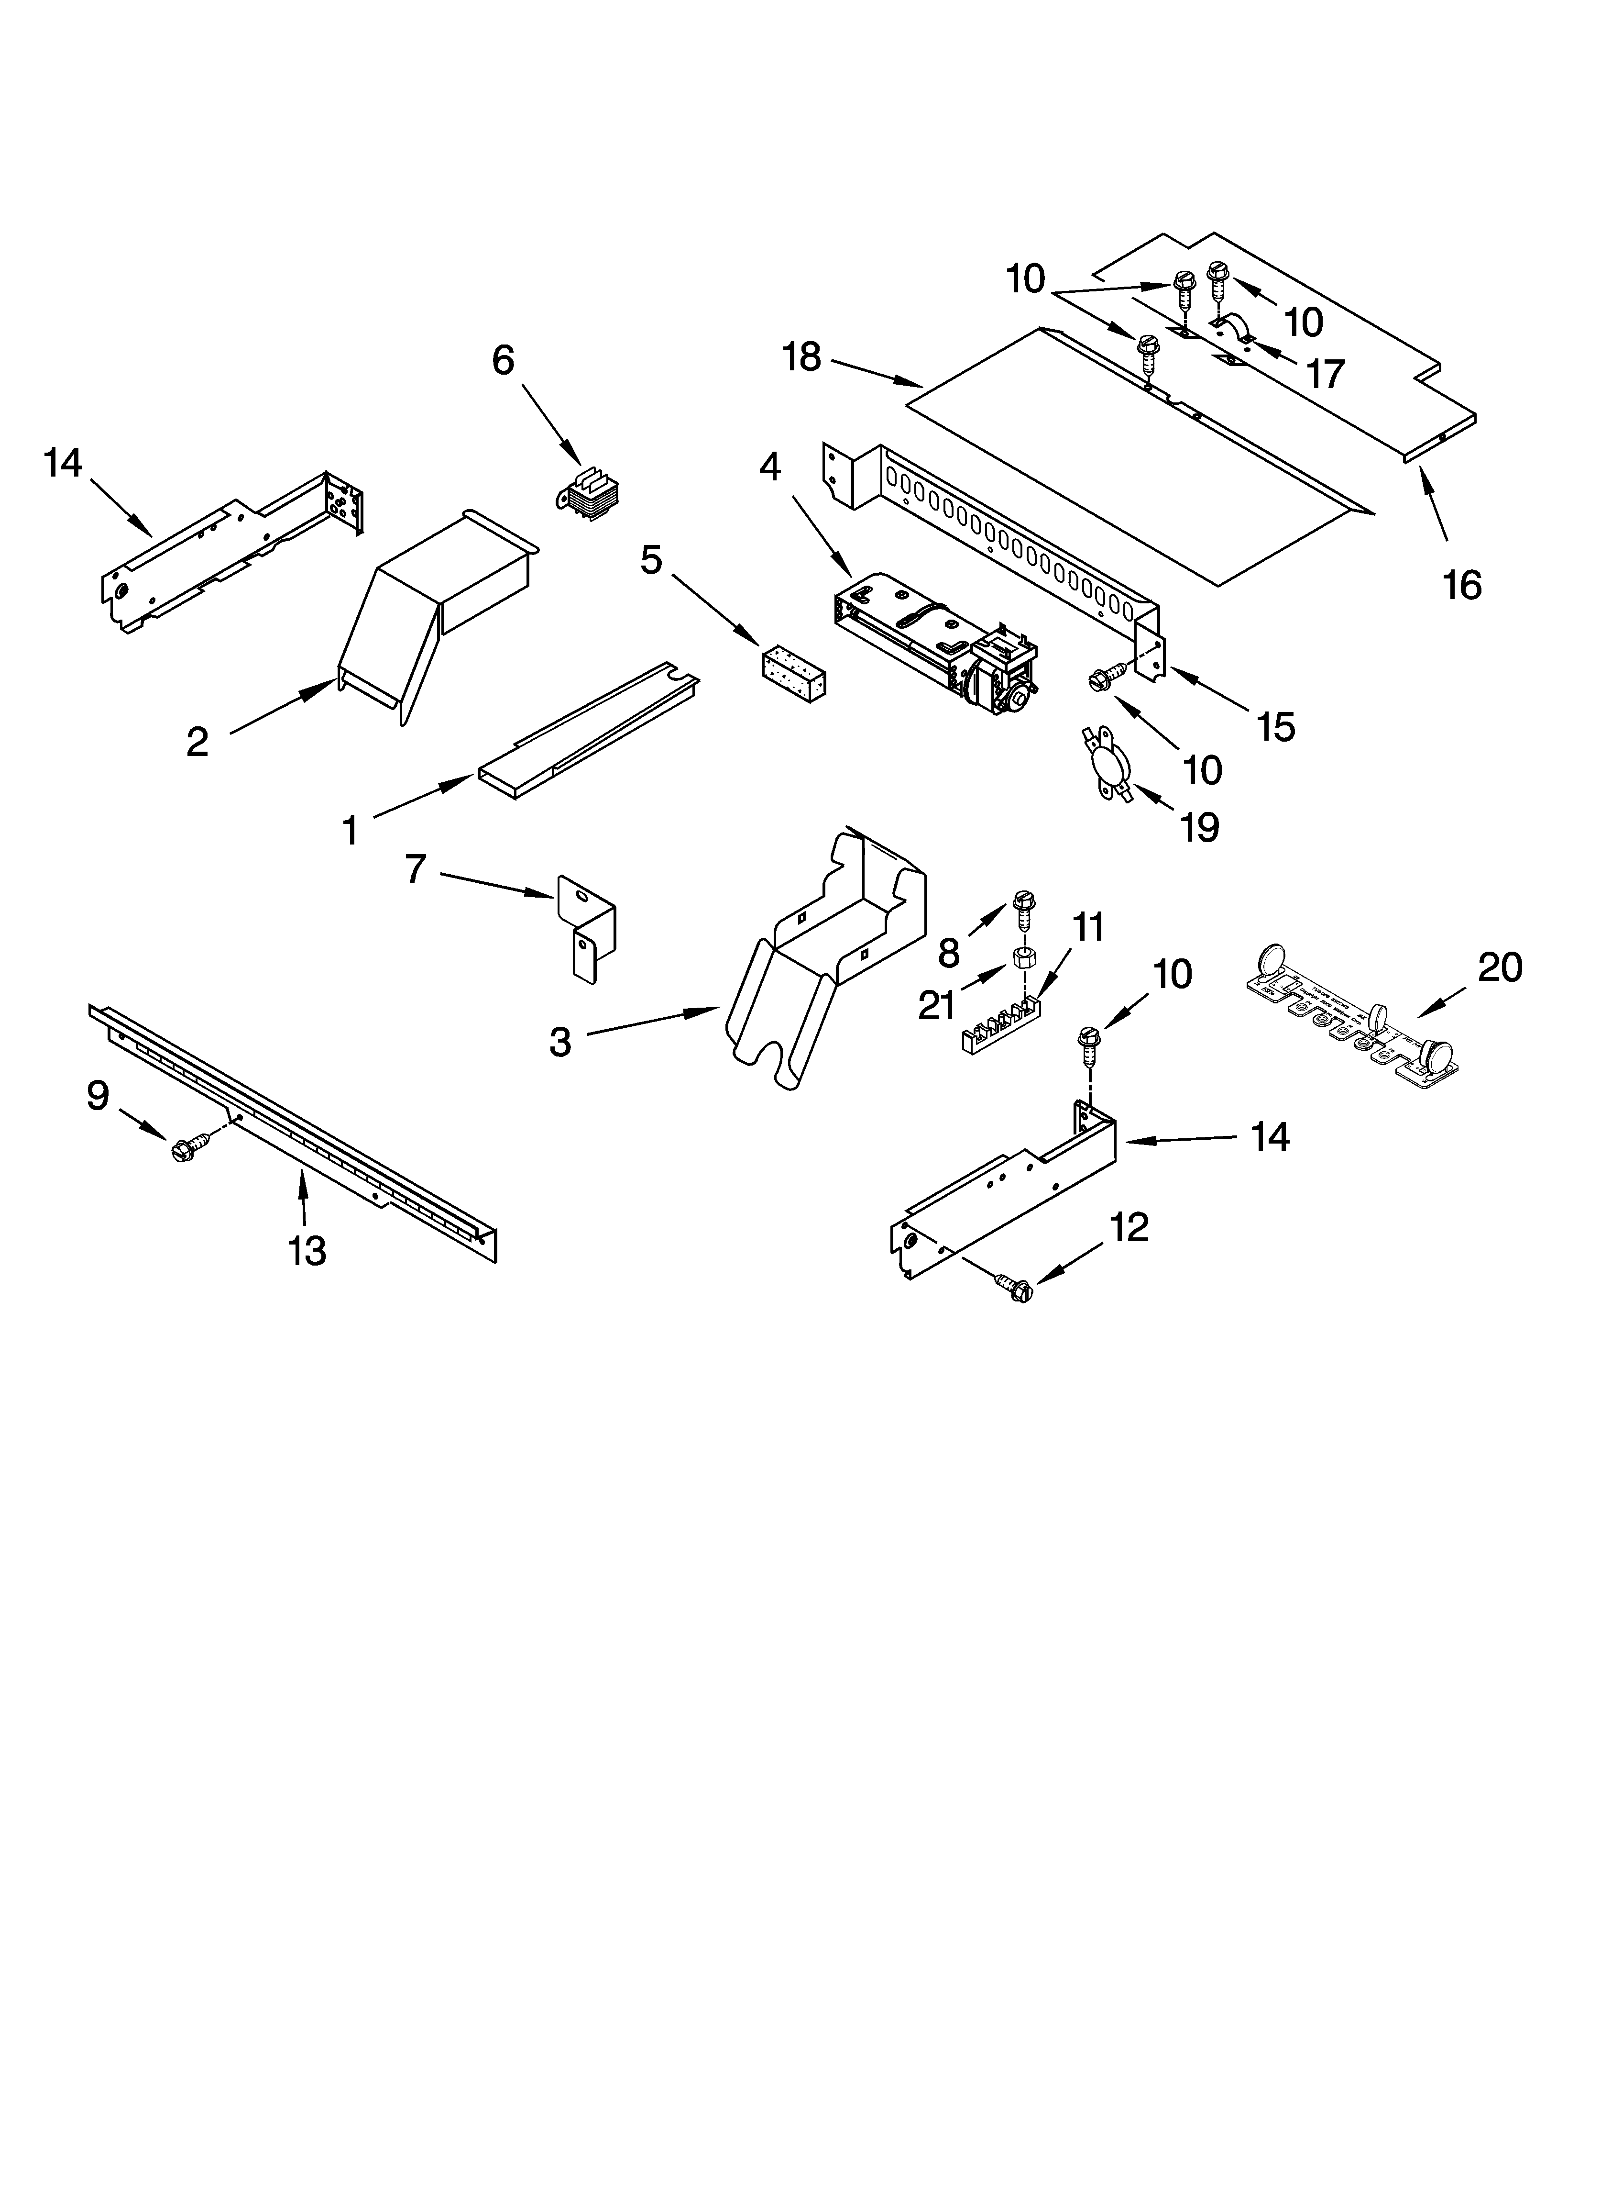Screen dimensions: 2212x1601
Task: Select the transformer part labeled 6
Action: pyautogui.click(x=588, y=495)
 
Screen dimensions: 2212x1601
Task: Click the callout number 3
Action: pyautogui.click(x=559, y=1042)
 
